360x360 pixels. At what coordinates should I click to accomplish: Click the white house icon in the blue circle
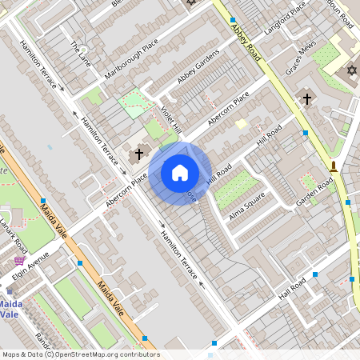click(180, 173)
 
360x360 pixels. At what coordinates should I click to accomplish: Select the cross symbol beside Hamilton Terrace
click(139, 153)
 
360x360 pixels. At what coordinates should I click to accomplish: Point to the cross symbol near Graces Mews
click(306, 99)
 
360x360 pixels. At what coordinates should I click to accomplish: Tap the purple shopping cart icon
click(19, 261)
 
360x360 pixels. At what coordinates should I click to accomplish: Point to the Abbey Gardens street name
click(198, 71)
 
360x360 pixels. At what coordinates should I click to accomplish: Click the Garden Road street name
click(314, 194)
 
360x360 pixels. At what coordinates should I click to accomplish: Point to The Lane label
click(81, 53)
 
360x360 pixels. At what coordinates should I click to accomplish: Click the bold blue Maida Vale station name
click(10, 309)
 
